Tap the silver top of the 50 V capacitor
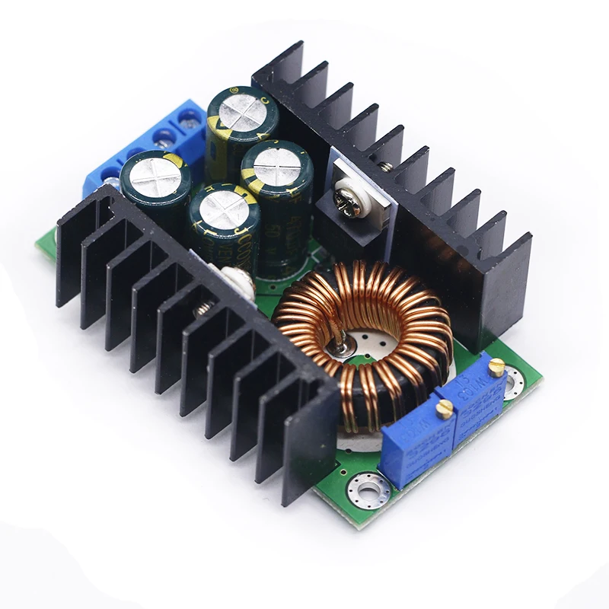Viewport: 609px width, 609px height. coord(273,164)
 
